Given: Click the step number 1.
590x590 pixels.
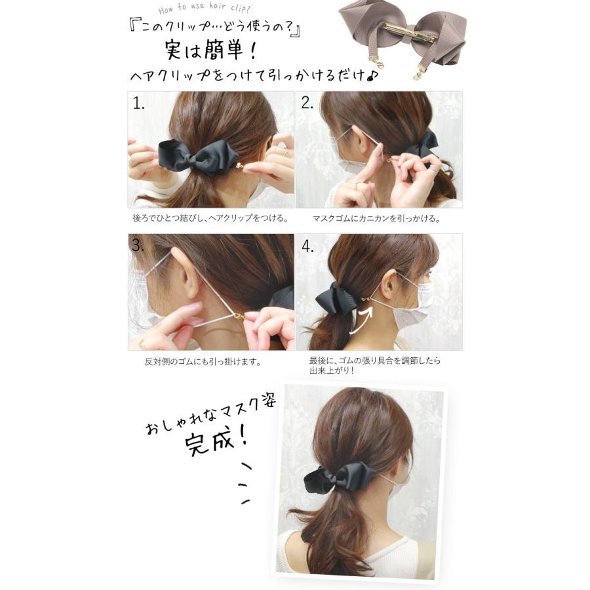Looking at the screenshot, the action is [138, 103].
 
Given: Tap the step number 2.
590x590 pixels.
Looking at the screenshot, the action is [307, 103].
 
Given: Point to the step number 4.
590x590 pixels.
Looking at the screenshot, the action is [307, 246].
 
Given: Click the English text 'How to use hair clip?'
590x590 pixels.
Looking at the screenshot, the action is [204, 7].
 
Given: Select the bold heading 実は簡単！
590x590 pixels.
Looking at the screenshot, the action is [210, 50].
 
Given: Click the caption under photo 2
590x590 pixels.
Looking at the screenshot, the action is [376, 218].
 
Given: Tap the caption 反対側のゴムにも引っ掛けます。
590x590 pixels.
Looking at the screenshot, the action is [203, 362].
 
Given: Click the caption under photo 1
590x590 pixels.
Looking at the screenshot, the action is [210, 218].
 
